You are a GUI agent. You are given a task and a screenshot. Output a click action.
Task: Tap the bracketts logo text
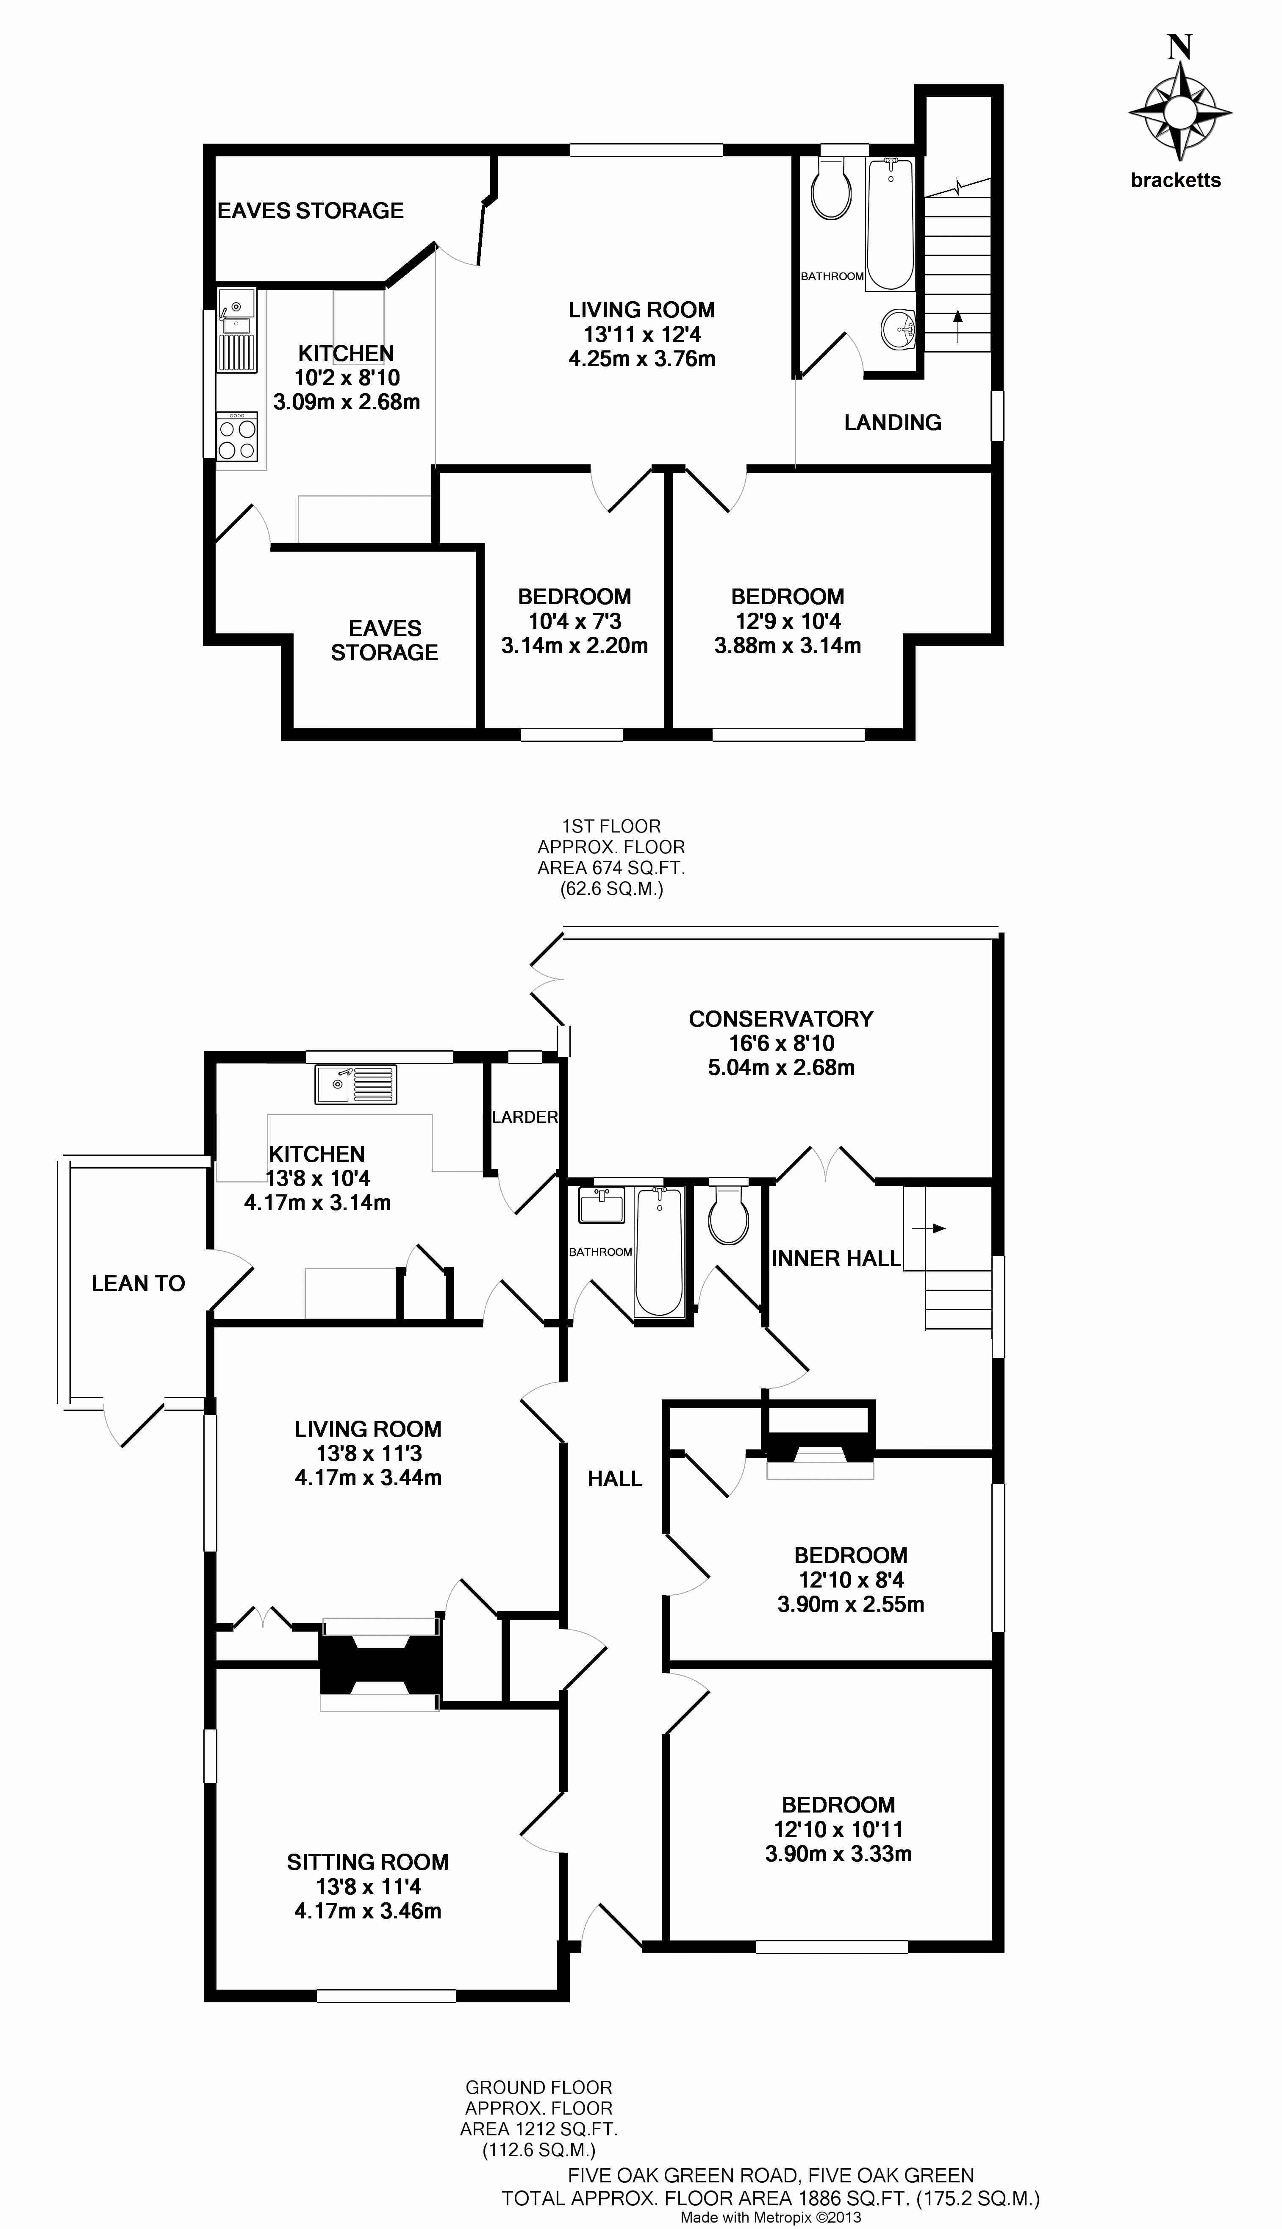1176,180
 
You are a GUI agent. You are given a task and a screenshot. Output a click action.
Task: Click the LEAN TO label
138,1283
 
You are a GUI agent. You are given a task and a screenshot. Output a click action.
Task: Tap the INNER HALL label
835,1259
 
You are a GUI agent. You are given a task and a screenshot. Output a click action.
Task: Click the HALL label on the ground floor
615,1479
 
